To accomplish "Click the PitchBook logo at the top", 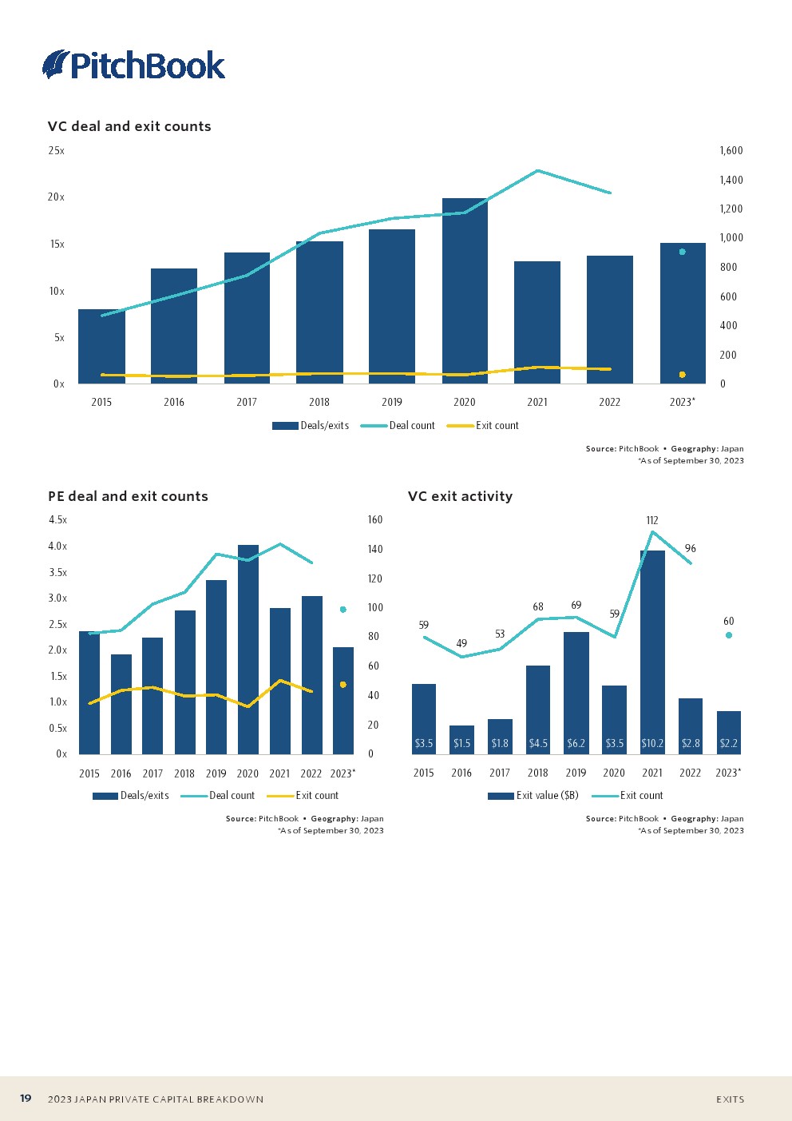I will point(134,65).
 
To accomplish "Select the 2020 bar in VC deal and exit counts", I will point(465,291).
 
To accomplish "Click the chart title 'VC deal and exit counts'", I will point(129,126).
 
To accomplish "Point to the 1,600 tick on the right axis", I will point(731,150).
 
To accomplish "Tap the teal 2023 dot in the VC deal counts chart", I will point(682,252).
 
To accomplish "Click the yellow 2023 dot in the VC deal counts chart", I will point(682,375).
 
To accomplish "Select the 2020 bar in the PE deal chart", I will point(247,649).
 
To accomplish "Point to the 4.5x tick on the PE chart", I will point(57,519).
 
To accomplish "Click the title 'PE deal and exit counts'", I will point(128,496).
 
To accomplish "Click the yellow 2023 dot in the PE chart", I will point(343,685).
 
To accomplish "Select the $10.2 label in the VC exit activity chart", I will point(652,743).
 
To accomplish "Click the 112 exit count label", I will point(652,520).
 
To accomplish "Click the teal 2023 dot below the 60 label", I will point(729,635).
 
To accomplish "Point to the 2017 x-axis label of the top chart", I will point(247,402).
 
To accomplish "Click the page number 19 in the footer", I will point(26,1099).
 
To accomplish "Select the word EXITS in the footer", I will point(730,1099).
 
